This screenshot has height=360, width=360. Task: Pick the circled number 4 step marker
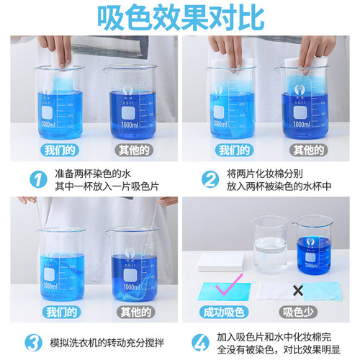(x=210, y=340)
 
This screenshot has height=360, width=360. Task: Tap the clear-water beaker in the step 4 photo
(x=271, y=248)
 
